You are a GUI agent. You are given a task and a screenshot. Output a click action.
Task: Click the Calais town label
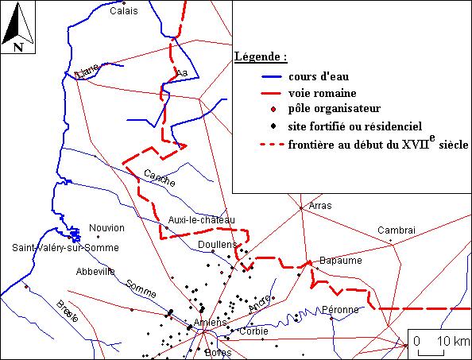coord(123,11)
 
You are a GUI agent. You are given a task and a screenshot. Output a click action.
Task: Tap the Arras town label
coord(319,205)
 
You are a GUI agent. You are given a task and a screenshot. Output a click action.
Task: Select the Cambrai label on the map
coord(397,230)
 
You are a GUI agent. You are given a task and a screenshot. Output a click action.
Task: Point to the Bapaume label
coord(340,260)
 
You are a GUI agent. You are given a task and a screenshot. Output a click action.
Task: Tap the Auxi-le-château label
coord(202,220)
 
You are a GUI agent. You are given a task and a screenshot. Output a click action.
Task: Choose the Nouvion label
coord(107,228)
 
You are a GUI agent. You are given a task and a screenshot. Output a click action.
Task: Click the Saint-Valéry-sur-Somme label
coord(65,248)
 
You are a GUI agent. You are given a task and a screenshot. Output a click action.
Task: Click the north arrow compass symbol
coord(16,26)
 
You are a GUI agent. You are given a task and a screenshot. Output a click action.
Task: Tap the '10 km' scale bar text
coord(453,341)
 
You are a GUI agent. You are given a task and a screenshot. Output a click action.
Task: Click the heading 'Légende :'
coord(261,58)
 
